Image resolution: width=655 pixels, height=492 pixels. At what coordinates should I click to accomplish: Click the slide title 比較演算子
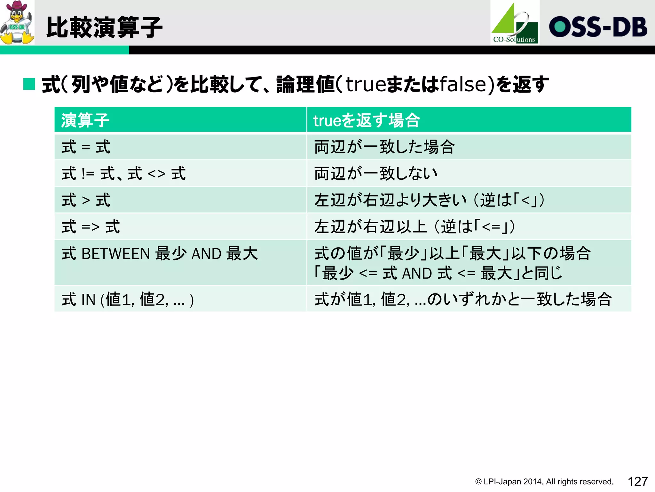[104, 28]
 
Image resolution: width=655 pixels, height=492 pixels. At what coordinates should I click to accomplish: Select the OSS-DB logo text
[598, 27]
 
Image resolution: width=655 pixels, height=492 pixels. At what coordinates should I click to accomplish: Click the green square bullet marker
[29, 84]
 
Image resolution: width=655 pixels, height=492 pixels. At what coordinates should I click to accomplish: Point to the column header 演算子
[85, 120]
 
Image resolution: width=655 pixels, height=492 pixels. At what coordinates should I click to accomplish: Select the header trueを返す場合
[366, 120]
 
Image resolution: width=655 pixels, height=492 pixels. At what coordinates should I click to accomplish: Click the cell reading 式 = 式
[86, 147]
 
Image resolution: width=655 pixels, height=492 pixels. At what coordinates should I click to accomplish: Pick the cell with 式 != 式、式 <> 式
[123, 174]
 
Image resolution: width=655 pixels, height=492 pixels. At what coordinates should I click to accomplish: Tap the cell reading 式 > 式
[86, 200]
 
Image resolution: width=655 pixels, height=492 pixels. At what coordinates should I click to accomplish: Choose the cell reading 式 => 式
[91, 227]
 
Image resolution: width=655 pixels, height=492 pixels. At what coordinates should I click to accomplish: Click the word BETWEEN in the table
[116, 254]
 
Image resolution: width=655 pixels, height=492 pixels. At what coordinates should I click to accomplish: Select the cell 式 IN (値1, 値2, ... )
[128, 299]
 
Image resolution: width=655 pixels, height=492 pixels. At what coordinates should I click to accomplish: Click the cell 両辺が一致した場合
[384, 147]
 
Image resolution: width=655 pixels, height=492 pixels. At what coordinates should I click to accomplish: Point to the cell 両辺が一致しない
[376, 174]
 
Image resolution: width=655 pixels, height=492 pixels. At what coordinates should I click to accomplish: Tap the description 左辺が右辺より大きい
[390, 200]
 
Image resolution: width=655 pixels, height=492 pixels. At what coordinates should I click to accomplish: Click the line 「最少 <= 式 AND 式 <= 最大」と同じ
[438, 273]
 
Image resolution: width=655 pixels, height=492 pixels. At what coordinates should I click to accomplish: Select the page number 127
[638, 481]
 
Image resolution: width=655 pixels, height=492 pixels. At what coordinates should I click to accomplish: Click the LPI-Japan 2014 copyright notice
[544, 482]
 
